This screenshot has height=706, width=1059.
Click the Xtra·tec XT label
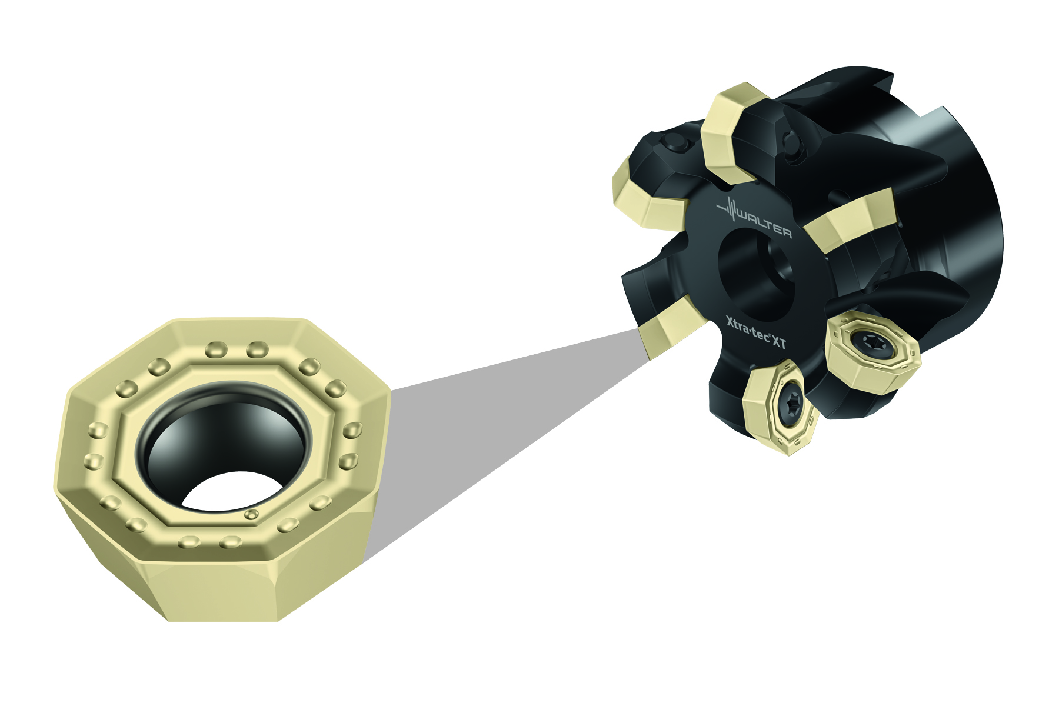756,334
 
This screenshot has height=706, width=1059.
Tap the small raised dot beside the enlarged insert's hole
251,514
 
